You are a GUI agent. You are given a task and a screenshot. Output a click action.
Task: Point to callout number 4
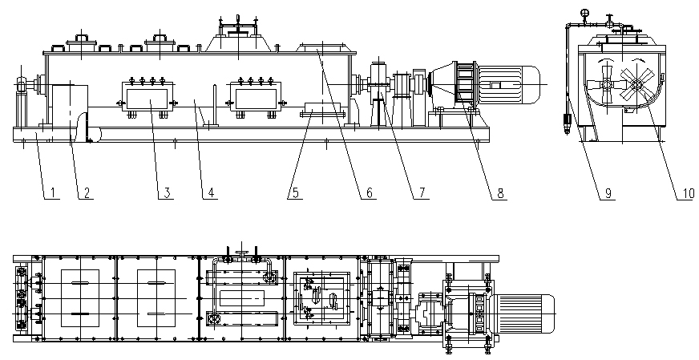[x=211, y=192]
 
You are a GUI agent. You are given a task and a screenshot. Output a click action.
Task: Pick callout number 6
[x=370, y=192]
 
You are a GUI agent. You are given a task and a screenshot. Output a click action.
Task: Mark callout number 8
[x=500, y=192]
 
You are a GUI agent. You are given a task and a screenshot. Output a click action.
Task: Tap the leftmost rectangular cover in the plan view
[x=78, y=297]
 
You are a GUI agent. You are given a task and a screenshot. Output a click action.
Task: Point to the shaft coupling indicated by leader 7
[x=377, y=84]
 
